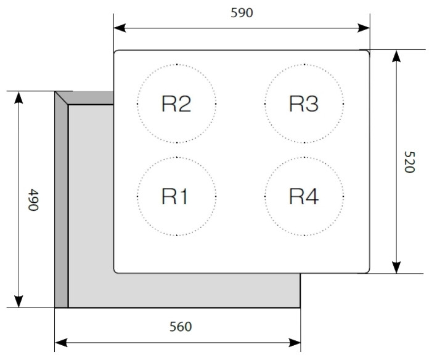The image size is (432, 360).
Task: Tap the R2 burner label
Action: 176,104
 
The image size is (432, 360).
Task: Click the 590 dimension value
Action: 241,13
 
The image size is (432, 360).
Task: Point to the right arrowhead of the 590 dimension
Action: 364,28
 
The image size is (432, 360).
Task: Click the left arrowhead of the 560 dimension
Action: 60,342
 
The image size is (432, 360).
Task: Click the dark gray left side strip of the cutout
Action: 61,203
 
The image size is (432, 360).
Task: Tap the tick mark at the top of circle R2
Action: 177,64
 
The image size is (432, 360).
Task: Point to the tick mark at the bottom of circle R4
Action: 304,235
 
